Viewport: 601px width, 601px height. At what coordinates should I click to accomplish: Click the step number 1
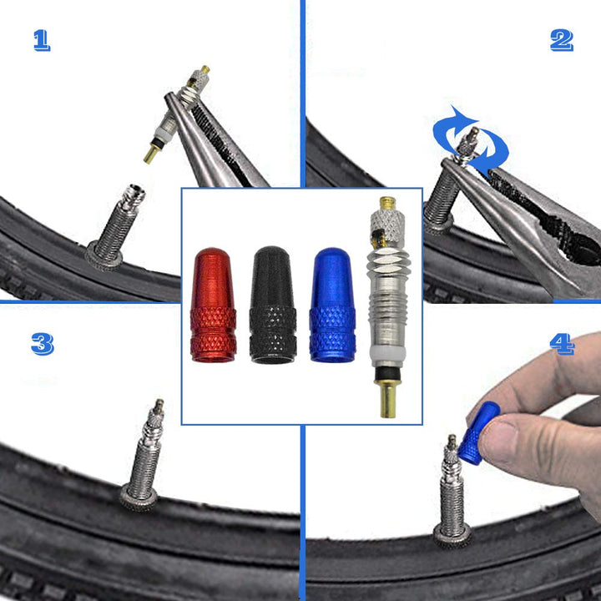[x=42, y=40]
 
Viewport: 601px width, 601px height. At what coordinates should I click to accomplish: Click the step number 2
[x=562, y=40]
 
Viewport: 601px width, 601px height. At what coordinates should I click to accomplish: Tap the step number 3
[x=42, y=343]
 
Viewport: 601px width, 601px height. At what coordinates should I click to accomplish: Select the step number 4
[x=562, y=343]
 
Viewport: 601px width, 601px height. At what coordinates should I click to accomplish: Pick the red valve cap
[x=213, y=305]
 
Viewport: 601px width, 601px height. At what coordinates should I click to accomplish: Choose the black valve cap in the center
[x=273, y=305]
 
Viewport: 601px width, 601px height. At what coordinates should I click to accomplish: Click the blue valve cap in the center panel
[x=333, y=305]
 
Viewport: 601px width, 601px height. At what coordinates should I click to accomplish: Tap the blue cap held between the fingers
[x=481, y=432]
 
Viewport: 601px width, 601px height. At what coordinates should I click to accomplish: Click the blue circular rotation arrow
[x=471, y=144]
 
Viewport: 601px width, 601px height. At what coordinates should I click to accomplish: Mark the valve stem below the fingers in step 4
[x=452, y=492]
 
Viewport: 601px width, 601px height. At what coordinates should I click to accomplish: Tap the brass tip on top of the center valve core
[x=388, y=203]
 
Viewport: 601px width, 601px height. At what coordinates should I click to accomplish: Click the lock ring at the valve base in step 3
[x=139, y=498]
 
